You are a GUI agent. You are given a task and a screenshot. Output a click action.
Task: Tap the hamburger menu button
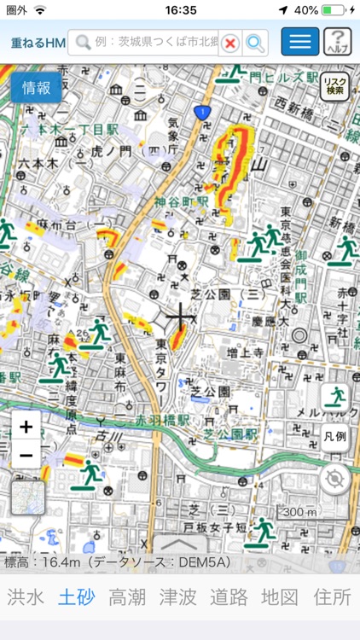(x=299, y=42)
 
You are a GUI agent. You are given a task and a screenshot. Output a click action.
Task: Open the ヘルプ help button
(x=338, y=42)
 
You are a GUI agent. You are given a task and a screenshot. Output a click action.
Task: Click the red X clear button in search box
(x=229, y=43)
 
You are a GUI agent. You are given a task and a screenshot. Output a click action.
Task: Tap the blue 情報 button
(x=36, y=87)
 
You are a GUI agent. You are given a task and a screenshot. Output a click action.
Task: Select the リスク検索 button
(x=335, y=86)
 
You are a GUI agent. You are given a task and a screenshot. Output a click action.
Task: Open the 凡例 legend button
(x=335, y=436)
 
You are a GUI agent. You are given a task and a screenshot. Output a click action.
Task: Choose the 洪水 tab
(x=26, y=597)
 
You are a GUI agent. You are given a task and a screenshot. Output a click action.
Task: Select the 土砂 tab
(x=76, y=597)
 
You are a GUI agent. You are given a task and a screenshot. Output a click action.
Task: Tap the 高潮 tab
(x=128, y=597)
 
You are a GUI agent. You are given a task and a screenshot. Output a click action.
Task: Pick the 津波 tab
(x=179, y=597)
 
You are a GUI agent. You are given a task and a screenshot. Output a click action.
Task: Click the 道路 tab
(x=230, y=597)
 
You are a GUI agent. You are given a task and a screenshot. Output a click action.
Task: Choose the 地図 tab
(x=282, y=597)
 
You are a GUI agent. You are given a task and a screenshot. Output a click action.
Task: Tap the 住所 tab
(x=333, y=597)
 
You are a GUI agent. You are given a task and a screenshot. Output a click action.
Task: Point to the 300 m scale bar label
(x=298, y=511)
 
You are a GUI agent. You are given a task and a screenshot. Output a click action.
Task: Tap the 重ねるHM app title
(x=38, y=43)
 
